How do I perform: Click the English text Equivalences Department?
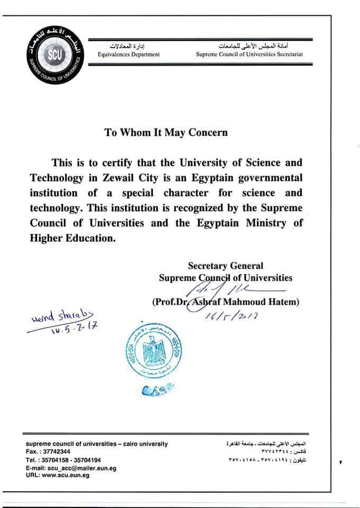(129, 55)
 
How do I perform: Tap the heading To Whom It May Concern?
(166, 132)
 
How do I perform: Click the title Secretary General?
(226, 266)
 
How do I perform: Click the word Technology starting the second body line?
(56, 177)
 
